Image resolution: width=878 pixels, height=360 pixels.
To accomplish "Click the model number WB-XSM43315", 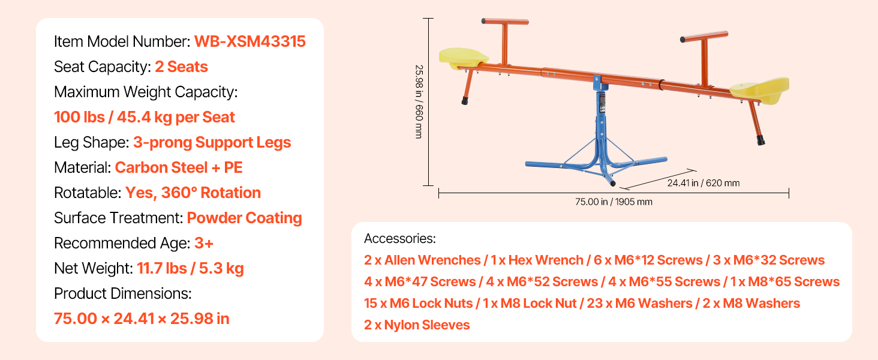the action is coord(249,41).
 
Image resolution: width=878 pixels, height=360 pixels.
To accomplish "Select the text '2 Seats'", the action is coord(181,67).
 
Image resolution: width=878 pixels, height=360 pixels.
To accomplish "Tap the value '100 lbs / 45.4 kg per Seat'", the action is coord(145,117).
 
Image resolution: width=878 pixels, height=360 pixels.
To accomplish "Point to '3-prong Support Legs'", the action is coord(212,143).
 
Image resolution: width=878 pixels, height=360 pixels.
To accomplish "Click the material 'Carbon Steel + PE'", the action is coord(179,167).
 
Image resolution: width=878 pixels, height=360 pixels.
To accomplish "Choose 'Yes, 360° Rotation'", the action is coord(193,193).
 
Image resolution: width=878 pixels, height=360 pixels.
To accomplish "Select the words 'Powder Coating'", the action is coord(244,218).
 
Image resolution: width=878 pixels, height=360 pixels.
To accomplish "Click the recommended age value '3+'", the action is coord(204,243).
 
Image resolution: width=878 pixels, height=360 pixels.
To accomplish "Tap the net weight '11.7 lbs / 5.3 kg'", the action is coord(190,269).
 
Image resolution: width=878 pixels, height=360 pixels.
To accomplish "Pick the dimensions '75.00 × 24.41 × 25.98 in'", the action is coord(142,319).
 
